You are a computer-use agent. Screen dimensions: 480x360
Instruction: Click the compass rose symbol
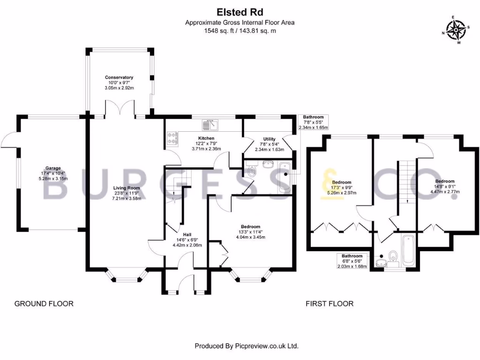[x=456, y=30]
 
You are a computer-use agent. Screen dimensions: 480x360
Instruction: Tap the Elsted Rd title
[x=240, y=12]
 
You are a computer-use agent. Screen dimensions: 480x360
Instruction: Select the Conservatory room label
[x=119, y=77]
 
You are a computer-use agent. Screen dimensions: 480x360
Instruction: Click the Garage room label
[x=53, y=168]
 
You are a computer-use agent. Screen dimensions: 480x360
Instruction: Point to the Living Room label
[x=127, y=188]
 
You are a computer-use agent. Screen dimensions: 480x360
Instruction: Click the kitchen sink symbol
[x=210, y=124]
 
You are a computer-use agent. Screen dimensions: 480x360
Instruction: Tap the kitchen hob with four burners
[x=172, y=138]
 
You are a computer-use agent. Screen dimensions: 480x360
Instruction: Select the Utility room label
[x=270, y=139]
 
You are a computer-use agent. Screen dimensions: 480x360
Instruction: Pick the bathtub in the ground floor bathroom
[x=285, y=178]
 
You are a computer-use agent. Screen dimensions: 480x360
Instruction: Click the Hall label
[x=187, y=235]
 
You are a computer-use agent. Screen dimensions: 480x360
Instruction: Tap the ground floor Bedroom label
[x=250, y=226]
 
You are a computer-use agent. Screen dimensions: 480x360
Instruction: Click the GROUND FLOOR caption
[x=44, y=304]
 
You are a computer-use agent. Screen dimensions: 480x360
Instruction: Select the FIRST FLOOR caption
[x=330, y=304]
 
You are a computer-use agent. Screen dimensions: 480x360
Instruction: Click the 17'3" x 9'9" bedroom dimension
[x=342, y=187]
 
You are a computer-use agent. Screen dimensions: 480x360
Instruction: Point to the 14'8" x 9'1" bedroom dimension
[x=445, y=187]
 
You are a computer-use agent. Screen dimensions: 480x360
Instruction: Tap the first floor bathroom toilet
[x=393, y=259]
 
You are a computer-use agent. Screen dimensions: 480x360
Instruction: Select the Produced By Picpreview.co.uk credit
[x=247, y=346]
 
